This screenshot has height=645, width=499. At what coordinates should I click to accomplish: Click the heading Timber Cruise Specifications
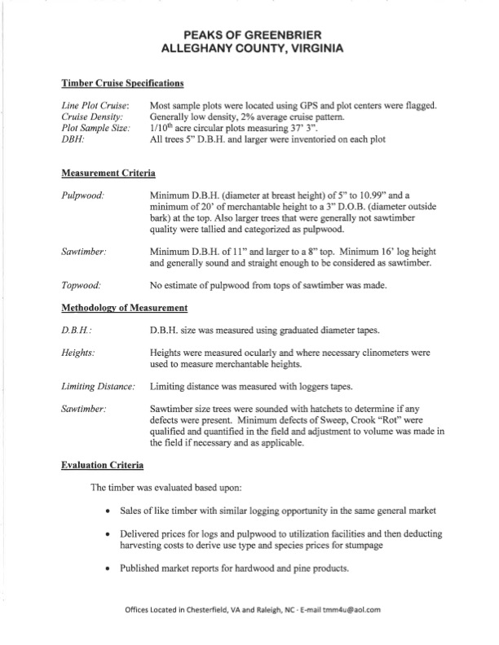121,84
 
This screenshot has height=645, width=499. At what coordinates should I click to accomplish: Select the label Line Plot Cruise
95,107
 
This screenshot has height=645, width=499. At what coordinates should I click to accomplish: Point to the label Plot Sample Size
96,129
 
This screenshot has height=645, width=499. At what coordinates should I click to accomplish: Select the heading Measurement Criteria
108,174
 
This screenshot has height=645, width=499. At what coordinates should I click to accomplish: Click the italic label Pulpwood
82,197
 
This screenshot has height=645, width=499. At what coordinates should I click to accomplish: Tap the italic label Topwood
82,287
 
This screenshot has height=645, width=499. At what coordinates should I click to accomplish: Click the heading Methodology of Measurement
125,309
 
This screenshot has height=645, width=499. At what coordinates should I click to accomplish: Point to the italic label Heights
78,354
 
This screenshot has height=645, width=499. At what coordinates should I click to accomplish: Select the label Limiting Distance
99,386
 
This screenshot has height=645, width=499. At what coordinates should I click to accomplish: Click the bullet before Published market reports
109,569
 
